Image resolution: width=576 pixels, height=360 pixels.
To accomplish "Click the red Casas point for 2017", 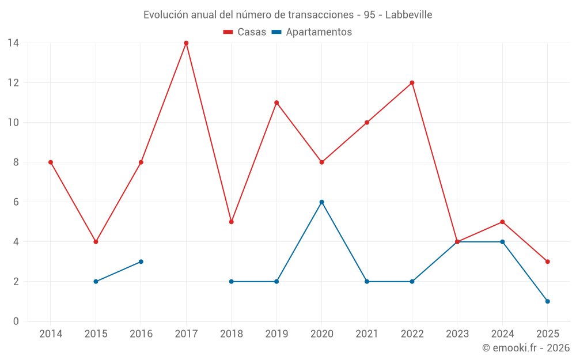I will pos(186,43).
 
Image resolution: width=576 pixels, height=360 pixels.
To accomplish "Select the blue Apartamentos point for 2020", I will pos(321,202).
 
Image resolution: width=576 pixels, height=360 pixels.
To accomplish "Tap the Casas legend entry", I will pos(245,32).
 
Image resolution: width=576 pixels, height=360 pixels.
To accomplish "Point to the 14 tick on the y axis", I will pos(13,43).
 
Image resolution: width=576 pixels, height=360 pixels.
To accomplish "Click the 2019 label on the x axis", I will pos(276,334).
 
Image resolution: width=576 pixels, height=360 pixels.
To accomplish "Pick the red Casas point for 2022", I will pos(412,83).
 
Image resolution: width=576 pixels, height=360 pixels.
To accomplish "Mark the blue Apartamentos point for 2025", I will pos(547,301).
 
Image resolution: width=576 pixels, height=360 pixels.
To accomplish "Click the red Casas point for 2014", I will pos(51,162).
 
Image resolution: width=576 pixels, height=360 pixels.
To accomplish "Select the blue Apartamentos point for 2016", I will pos(141,262).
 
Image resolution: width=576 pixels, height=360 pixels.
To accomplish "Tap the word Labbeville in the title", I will pos(408,15).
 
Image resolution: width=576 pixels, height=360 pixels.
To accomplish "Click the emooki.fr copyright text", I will pos(526,348).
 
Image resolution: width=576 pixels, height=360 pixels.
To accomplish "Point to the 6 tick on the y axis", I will pos(16,202).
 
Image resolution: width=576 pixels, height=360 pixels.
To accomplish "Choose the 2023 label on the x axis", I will pos(457,334).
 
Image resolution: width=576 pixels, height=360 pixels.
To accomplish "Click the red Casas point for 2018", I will pos(231,222).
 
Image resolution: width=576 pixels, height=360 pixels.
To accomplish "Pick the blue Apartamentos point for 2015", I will pos(96,282).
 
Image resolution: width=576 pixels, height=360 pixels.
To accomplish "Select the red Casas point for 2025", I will pos(547,262).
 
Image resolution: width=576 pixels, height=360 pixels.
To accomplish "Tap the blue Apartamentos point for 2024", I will pos(502,242).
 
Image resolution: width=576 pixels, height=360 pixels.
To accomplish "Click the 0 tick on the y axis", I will pos(16,321).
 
